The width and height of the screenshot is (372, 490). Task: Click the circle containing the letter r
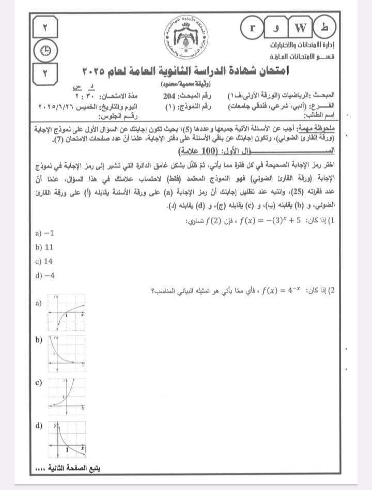(252, 26)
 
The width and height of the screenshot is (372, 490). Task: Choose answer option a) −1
(45, 233)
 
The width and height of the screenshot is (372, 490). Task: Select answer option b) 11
(45, 248)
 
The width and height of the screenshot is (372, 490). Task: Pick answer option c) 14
(45, 262)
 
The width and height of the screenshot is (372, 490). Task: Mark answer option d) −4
(45, 275)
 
